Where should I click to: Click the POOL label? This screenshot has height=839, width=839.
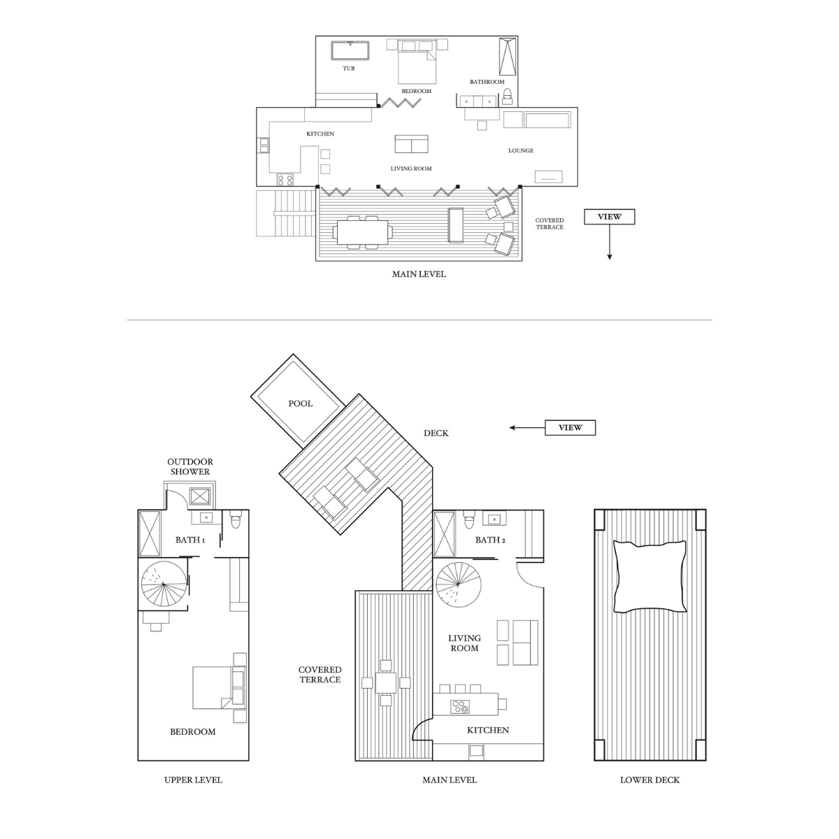pyautogui.click(x=301, y=403)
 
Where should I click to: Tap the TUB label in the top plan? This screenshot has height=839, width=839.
pyautogui.click(x=348, y=69)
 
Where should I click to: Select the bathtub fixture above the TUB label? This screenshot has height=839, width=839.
pyautogui.click(x=350, y=50)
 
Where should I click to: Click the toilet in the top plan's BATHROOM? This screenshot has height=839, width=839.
pyautogui.click(x=507, y=96)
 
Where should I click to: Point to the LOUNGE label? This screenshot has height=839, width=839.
pyautogui.click(x=521, y=150)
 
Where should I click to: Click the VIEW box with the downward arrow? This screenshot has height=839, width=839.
pyautogui.click(x=609, y=216)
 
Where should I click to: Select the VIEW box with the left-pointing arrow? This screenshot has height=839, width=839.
pyautogui.click(x=570, y=428)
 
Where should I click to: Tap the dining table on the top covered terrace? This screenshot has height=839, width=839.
pyautogui.click(x=362, y=233)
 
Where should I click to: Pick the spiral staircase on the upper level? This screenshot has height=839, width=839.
pyautogui.click(x=164, y=584)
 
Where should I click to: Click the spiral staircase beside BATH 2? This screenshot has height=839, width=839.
pyautogui.click(x=459, y=585)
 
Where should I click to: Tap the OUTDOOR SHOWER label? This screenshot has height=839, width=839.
pyautogui.click(x=190, y=466)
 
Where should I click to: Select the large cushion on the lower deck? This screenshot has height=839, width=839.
pyautogui.click(x=650, y=576)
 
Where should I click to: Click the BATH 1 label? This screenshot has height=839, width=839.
pyautogui.click(x=190, y=540)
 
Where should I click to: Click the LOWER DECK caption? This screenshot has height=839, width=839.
pyautogui.click(x=650, y=780)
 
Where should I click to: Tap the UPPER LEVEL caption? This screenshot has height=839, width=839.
pyautogui.click(x=193, y=780)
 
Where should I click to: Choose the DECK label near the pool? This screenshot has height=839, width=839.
pyautogui.click(x=436, y=433)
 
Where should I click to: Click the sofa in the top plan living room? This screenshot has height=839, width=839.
pyautogui.click(x=411, y=144)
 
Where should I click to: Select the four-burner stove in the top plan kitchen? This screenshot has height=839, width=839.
pyautogui.click(x=285, y=180)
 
